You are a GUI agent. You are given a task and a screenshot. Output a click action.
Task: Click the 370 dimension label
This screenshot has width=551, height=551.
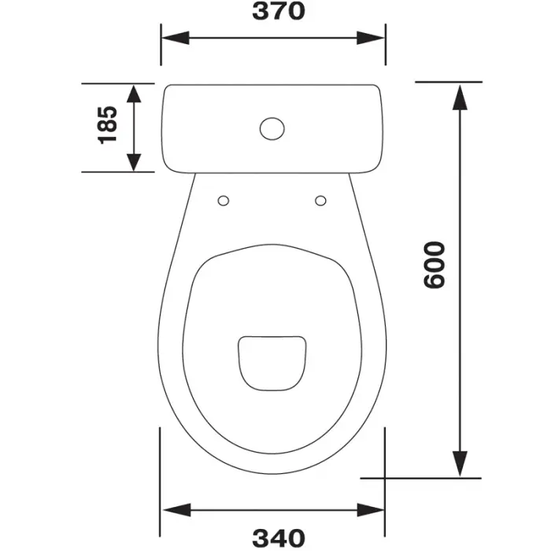click(279, 11)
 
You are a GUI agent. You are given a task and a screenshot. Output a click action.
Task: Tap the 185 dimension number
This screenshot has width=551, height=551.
click(107, 125)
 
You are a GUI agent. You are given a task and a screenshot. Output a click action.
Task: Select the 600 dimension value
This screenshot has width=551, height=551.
click(435, 265)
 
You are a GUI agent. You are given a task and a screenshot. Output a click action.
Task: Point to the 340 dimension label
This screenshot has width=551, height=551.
click(279, 538)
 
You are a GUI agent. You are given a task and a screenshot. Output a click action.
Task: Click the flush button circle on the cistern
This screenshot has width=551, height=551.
click(272, 128)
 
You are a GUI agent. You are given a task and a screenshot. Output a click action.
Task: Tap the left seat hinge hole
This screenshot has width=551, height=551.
click(224, 201)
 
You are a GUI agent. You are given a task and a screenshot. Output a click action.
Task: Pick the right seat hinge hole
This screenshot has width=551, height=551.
click(320, 201)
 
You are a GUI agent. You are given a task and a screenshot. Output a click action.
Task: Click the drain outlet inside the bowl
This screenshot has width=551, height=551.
click(272, 364)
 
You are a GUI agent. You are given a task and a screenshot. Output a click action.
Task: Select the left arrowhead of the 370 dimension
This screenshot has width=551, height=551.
click(176, 38)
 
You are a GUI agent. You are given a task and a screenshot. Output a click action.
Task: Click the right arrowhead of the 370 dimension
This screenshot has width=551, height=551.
click(371, 38)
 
